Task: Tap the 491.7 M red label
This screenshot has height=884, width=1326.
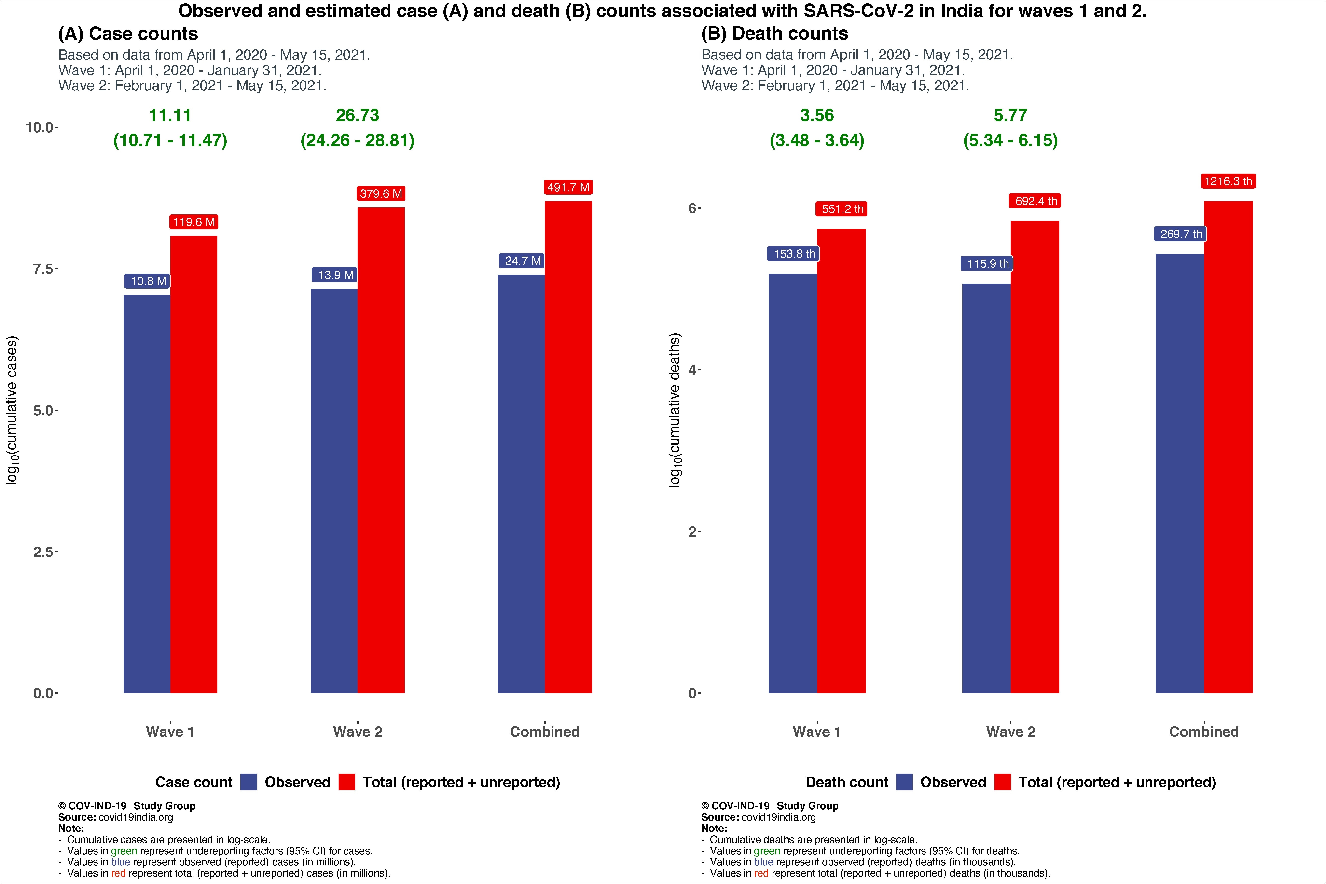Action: pos(568,187)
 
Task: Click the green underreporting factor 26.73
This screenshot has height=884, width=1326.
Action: pos(358,116)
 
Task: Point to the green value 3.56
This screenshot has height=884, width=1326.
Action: pos(817,116)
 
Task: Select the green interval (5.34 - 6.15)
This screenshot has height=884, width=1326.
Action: pos(1010,140)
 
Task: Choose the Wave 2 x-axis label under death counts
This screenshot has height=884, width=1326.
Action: pos(1010,732)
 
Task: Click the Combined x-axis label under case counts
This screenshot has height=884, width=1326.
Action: pos(545,732)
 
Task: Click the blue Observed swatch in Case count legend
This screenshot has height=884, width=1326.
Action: pos(249,782)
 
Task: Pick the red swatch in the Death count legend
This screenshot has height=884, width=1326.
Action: pos(1002,782)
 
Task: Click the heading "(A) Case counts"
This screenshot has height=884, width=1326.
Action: pos(128,34)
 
